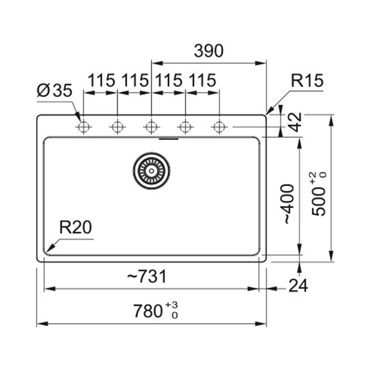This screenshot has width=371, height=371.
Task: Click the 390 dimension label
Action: pyautogui.click(x=208, y=51)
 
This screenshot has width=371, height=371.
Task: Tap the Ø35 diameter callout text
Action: pyautogui.click(x=54, y=90)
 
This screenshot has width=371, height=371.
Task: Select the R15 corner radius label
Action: pyautogui.click(x=307, y=80)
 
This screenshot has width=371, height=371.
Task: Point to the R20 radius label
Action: pyautogui.click(x=76, y=227)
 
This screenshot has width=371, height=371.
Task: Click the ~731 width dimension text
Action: pyautogui.click(x=147, y=276)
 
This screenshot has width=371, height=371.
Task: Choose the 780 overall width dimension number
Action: pyautogui.click(x=148, y=311)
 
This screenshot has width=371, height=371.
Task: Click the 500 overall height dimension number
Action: pyautogui.click(x=319, y=202)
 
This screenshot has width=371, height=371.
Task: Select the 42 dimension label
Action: pyautogui.click(x=296, y=122)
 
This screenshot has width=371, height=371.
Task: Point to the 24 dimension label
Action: pyautogui.click(x=298, y=286)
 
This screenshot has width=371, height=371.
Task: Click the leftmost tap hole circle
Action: pyautogui.click(x=83, y=127)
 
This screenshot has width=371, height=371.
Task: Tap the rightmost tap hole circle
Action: pyautogui.click(x=219, y=127)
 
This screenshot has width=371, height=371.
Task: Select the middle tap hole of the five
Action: pyautogui.click(x=152, y=127)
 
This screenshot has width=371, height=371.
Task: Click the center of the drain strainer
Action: pyautogui.click(x=152, y=171)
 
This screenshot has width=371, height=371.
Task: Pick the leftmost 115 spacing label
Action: pyautogui.click(x=102, y=80)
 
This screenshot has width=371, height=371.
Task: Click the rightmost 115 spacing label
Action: pyautogui.click(x=202, y=80)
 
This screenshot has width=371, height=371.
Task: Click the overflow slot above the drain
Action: pyautogui.click(x=168, y=139)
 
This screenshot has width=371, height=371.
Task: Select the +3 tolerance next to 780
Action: pyautogui.click(x=172, y=305)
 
